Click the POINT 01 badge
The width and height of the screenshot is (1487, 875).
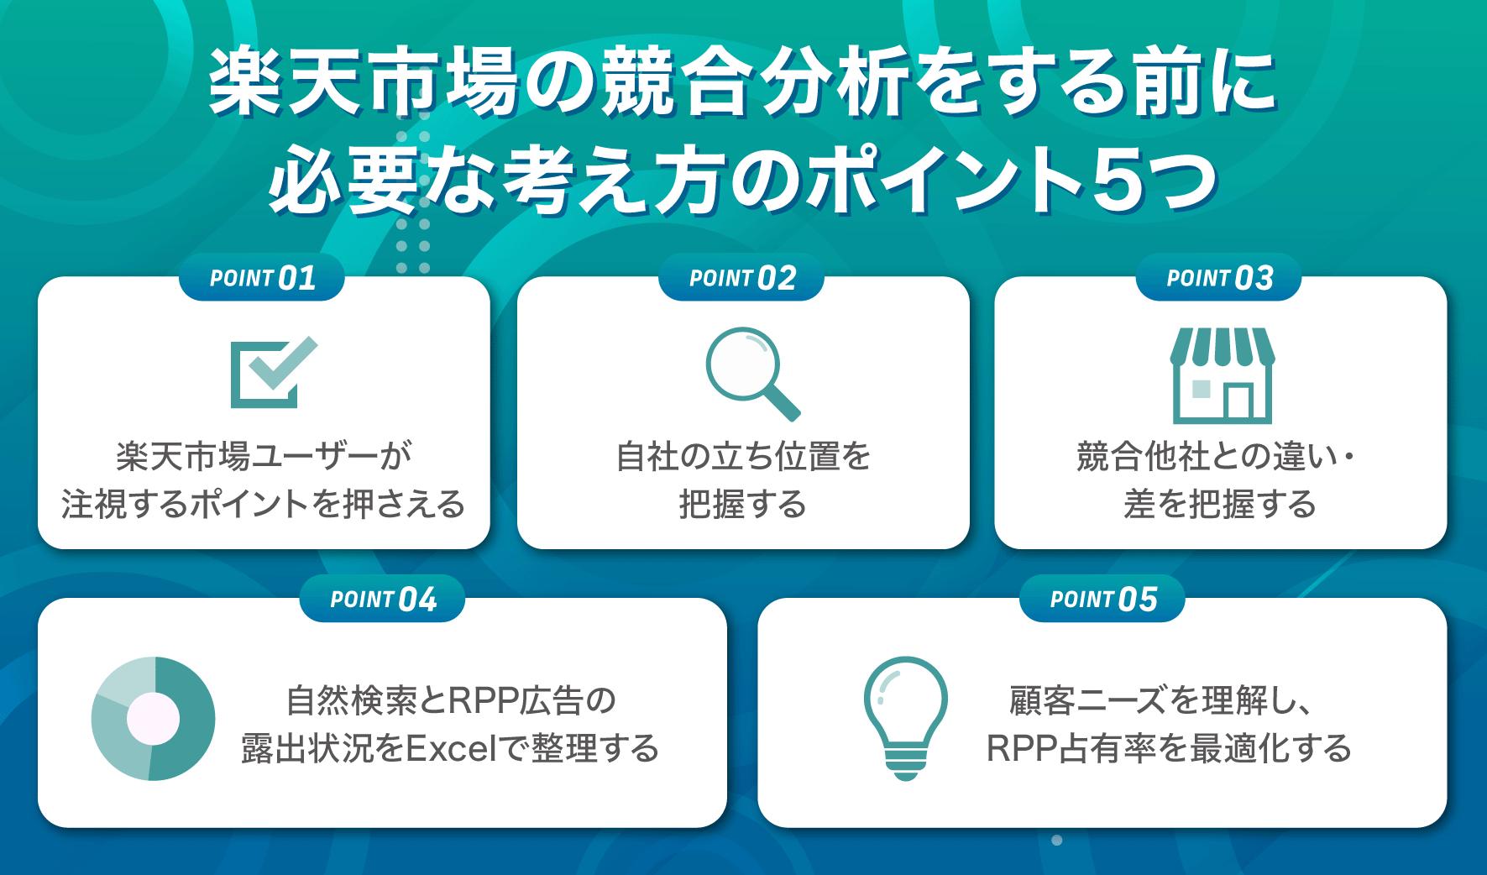pyautogui.click(x=262, y=278)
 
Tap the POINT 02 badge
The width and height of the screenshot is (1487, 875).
pyautogui.click(x=741, y=278)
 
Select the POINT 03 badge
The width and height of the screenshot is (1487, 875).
pyautogui.click(x=1219, y=278)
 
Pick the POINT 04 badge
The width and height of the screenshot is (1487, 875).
pyautogui.click(x=383, y=600)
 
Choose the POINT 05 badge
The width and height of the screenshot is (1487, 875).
pyautogui.click(x=1102, y=600)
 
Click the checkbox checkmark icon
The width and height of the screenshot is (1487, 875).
pyautogui.click(x=273, y=373)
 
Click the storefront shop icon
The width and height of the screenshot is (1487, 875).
pyautogui.click(x=1223, y=375)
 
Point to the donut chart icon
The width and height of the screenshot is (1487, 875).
pyautogui.click(x=153, y=719)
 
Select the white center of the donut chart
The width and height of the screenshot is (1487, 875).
pyautogui.click(x=153, y=719)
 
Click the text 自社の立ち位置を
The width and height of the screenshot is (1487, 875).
pyautogui.click(x=743, y=457)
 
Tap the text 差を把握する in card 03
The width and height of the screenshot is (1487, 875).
pyautogui.click(x=1219, y=505)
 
